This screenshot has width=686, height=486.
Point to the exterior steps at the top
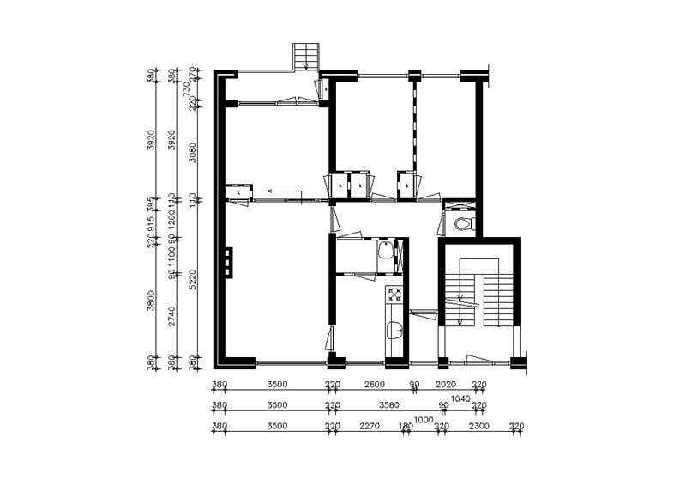[x=304, y=57]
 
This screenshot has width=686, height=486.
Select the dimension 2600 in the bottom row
[x=373, y=385]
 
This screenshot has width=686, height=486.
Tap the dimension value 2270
[x=370, y=426]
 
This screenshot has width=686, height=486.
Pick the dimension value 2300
[x=479, y=426]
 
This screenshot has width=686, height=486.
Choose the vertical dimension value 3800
[x=152, y=301]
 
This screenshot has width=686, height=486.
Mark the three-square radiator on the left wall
[x=228, y=262]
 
